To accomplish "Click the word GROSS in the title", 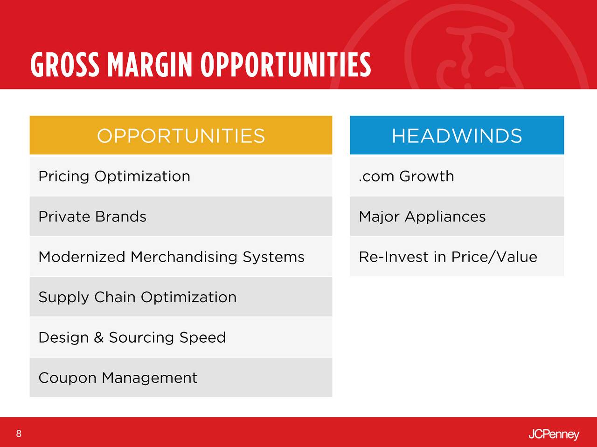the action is click(x=65, y=65).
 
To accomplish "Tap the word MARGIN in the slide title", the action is click(x=150, y=65).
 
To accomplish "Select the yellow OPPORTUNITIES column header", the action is click(x=181, y=135).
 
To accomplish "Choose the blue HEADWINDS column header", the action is click(x=457, y=135).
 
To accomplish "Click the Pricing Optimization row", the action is click(x=181, y=176).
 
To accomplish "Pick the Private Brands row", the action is click(x=181, y=217).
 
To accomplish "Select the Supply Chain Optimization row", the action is click(x=181, y=297).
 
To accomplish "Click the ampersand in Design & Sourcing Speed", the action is click(x=99, y=338).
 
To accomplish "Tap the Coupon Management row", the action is click(x=181, y=378).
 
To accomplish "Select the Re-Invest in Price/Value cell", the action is click(x=457, y=257).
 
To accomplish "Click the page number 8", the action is click(x=19, y=433).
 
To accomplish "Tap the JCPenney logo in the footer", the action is click(x=554, y=435).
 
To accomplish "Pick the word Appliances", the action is click(x=445, y=217).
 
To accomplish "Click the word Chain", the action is click(x=115, y=297).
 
